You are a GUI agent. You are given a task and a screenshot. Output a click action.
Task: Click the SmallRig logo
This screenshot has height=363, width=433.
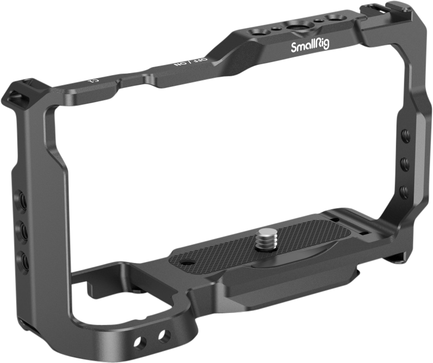310,46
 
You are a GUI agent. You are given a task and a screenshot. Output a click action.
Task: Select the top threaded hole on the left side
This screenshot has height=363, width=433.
22,196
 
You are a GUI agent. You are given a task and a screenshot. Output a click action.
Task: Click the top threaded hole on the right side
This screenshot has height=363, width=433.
404,136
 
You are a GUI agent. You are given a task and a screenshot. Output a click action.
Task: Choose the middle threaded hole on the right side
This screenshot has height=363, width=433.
404,164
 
